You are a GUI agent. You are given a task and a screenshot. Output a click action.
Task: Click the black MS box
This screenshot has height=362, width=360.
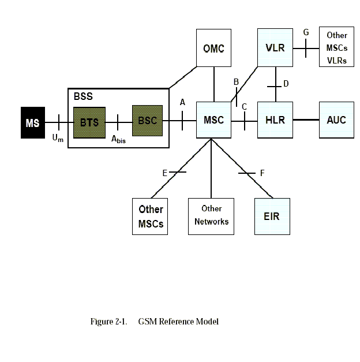click(x=33, y=122)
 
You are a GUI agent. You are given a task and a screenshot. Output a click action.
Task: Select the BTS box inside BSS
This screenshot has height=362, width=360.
click(x=89, y=122)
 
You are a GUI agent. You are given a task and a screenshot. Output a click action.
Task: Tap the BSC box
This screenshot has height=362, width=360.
click(x=148, y=121)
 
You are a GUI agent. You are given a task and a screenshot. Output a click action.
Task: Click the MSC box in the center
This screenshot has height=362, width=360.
click(x=213, y=120)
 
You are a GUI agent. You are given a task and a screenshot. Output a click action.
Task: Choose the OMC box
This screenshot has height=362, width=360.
click(x=213, y=48)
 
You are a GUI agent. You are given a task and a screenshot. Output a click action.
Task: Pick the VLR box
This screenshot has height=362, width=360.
click(x=275, y=47)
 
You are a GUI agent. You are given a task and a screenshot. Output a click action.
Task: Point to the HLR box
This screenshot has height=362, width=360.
click(x=275, y=120)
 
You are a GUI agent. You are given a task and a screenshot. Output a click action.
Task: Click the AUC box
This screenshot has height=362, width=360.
click(x=336, y=120)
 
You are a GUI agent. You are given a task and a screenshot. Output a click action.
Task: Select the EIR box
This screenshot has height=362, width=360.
click(x=272, y=217)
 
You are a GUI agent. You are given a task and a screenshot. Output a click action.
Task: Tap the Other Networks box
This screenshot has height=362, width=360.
click(x=211, y=216)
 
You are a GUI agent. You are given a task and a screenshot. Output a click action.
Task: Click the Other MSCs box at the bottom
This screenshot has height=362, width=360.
click(x=151, y=217)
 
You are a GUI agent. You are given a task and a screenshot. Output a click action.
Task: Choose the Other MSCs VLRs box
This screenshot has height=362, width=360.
click(x=336, y=48)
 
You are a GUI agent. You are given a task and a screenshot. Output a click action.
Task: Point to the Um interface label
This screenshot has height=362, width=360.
click(x=58, y=138)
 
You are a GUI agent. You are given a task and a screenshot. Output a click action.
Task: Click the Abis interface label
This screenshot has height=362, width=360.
click(x=118, y=139)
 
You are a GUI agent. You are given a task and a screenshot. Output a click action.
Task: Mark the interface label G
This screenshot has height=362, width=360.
click(x=306, y=32)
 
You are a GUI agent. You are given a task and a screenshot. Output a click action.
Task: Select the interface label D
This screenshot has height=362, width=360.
click(x=286, y=84)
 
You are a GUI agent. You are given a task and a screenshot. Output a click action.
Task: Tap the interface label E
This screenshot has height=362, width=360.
click(x=165, y=173)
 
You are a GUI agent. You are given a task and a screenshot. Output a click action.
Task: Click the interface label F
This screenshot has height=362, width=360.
click(x=262, y=173)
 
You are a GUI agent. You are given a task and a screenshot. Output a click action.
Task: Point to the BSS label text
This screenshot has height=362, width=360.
click(x=83, y=96)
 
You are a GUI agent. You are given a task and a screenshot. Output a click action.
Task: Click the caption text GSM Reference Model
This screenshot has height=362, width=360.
click(x=178, y=322)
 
